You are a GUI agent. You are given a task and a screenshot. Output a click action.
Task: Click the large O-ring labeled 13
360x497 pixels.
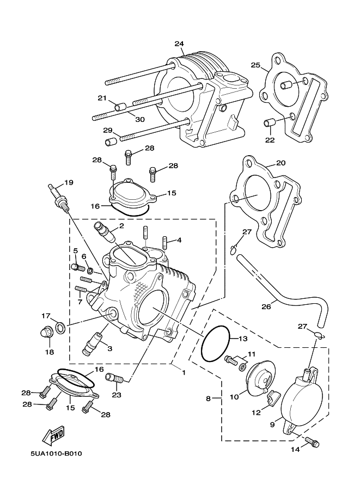point(217,345)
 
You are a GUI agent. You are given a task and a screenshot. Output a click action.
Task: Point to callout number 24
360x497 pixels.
point(180,44)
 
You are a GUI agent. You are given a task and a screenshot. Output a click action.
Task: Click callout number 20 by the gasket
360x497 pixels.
point(280,163)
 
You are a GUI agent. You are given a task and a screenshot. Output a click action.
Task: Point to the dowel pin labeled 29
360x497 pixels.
point(111,142)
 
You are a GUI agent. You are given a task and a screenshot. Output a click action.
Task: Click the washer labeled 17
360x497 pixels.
point(60,326)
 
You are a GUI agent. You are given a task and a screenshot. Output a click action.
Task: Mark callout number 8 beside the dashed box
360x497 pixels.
point(208,398)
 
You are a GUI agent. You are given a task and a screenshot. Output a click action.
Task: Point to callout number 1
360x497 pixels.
point(184,373)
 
